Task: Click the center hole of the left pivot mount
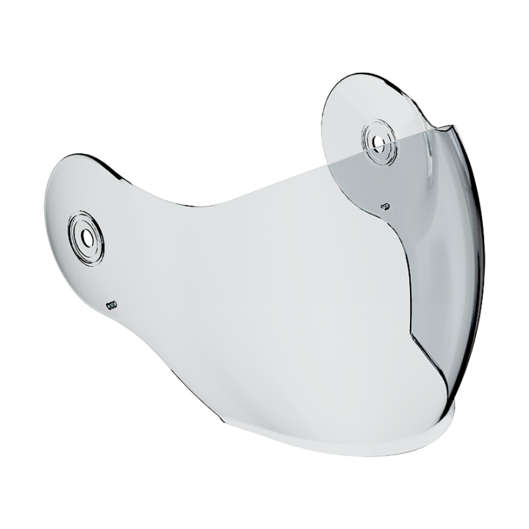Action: pos(87,237)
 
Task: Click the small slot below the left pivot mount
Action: pos(112,303)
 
